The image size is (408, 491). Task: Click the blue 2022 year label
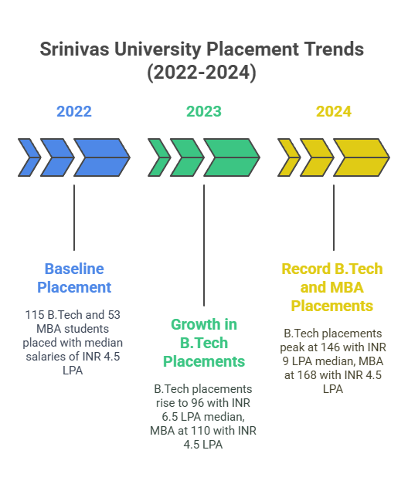click(74, 111)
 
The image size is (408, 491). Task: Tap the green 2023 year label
click(204, 111)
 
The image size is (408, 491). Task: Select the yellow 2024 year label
click(334, 111)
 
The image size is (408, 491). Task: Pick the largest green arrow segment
click(231, 157)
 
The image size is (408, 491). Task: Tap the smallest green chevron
click(159, 157)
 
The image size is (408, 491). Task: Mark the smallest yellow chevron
click(289, 157)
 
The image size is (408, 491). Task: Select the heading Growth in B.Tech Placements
click(204, 342)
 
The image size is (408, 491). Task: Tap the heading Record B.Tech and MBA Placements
click(332, 287)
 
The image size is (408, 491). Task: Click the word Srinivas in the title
click(73, 50)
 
